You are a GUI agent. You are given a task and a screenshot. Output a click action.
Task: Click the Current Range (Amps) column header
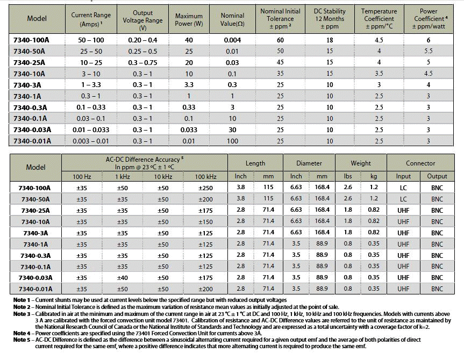coord(91,19)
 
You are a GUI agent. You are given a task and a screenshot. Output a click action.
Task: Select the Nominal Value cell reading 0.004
coord(232,40)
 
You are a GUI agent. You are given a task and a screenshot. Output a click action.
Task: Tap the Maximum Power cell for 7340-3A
coord(189,85)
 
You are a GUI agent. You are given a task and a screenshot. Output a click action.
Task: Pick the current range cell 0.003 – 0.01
coord(91,141)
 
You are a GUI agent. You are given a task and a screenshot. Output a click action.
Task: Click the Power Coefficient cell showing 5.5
coord(428,51)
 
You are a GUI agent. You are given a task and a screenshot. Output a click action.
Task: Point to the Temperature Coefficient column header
coord(379,19)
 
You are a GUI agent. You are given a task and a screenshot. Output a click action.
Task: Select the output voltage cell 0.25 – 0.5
coord(142,51)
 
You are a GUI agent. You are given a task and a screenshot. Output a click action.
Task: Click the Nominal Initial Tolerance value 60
coord(280,40)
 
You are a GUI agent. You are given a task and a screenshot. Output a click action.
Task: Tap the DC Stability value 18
coord(330,40)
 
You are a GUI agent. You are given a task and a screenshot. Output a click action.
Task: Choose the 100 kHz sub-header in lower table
coord(206,177)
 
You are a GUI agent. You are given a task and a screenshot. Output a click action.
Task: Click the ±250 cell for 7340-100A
coord(206,188)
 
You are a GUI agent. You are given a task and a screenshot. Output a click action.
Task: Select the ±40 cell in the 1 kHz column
coord(122,278)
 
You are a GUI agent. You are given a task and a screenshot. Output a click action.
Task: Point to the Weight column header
coord(361,163)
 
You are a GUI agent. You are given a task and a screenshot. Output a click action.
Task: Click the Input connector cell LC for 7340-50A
coord(403,199)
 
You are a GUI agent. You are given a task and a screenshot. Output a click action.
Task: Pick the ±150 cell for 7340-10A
coord(206,221)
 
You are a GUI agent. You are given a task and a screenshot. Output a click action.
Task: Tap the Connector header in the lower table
coord(420,163)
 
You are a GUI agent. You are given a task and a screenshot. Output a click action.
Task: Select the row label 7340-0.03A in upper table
coord(32,130)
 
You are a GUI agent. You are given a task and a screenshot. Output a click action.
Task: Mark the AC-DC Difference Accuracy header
coord(145,163)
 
